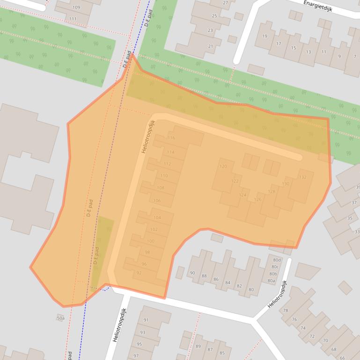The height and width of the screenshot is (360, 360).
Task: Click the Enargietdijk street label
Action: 317,6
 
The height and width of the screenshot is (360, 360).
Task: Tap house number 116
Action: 171,138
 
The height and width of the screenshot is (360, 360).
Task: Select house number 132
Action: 302,177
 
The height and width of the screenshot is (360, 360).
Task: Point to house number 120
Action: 223,166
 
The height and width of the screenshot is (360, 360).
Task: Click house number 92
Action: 139,273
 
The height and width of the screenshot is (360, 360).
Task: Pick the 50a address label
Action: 60,318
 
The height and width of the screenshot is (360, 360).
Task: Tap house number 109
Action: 76,7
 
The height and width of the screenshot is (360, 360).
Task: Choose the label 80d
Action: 277,260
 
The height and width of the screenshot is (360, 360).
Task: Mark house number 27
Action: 226,3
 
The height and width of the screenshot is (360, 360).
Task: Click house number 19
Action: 265,36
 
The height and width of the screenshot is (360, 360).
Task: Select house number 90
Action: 192,273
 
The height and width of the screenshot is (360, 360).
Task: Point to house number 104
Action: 157,218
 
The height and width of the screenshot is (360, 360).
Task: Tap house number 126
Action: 257,200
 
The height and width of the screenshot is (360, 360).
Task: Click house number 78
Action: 286,310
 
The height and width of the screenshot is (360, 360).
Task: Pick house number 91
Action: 145,320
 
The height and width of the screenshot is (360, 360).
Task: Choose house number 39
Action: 358,187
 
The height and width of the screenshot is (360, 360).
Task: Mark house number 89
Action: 198,346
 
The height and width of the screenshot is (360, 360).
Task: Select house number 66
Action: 343,358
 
